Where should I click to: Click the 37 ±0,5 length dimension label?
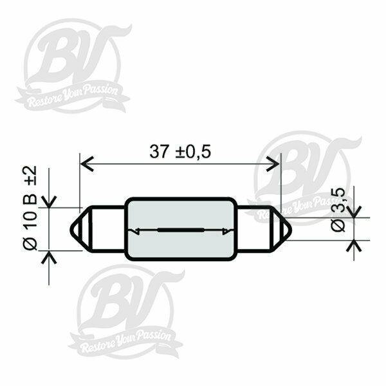(x=180, y=151)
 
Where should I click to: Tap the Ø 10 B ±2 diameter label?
(x=30, y=208)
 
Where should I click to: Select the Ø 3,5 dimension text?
(x=338, y=210)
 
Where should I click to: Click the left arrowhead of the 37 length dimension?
(x=87, y=163)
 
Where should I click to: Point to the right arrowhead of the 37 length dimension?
(x=273, y=163)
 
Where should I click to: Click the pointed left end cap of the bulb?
(x=79, y=229)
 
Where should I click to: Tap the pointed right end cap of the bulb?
(x=282, y=229)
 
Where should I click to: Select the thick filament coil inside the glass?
(x=181, y=230)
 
